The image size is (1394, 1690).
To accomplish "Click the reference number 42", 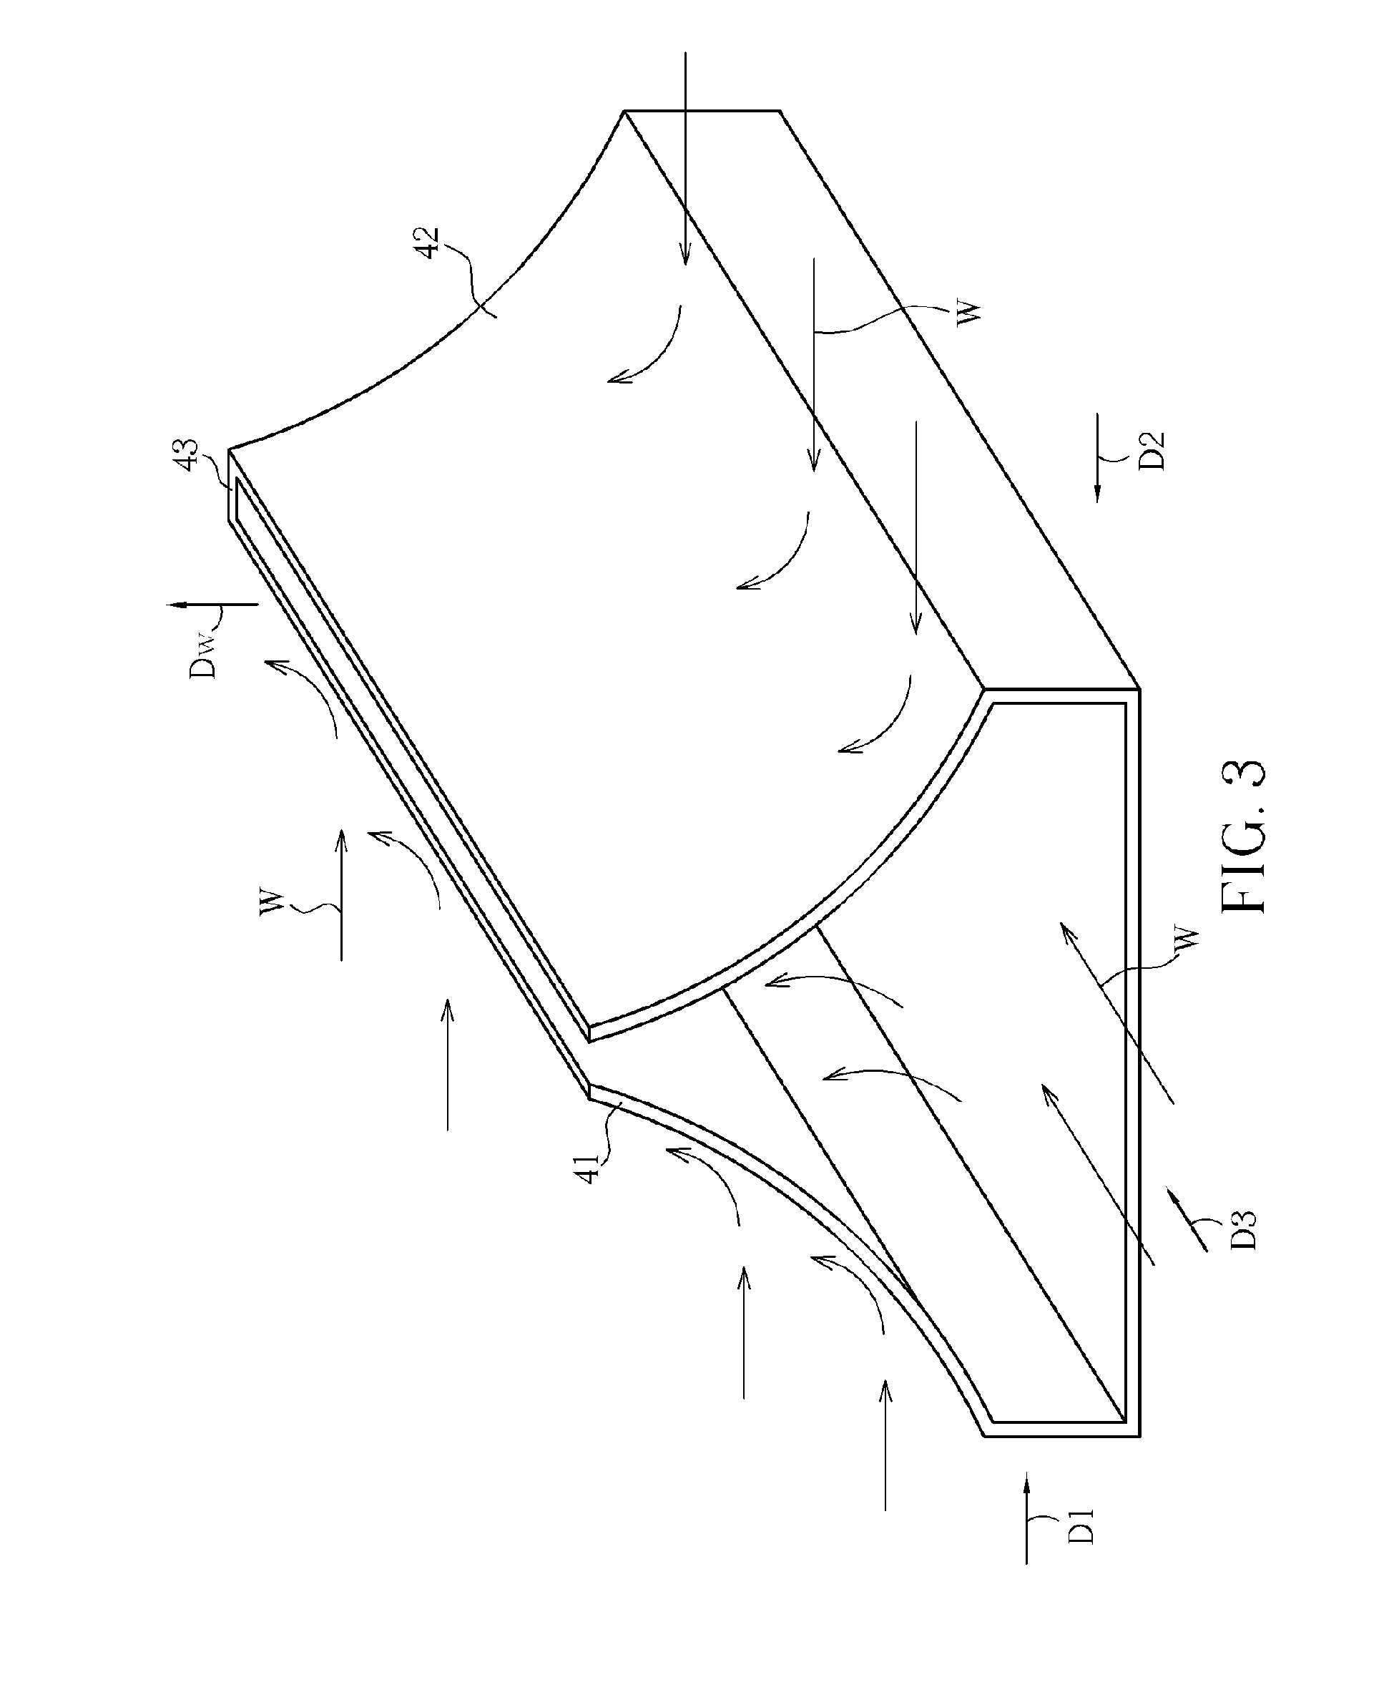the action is pyautogui.click(x=431, y=243).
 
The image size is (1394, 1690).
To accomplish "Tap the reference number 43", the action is pyautogui.click(x=189, y=456).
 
